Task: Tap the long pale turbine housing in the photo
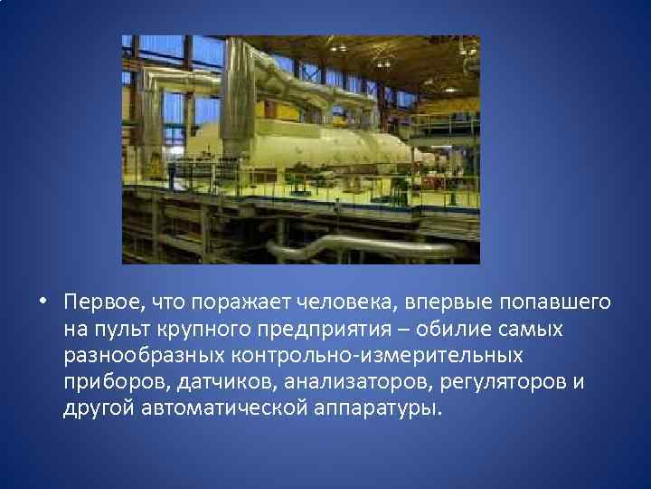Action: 307,145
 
